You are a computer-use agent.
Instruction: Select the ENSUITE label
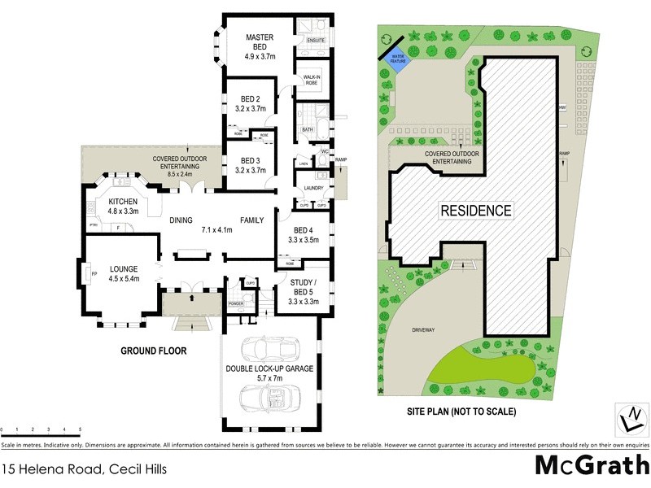pyautogui.click(x=317, y=40)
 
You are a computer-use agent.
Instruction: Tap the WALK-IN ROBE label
pyautogui.click(x=312, y=80)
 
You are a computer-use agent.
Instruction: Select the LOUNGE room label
pyautogui.click(x=119, y=268)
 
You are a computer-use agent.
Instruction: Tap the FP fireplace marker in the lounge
pyautogui.click(x=95, y=273)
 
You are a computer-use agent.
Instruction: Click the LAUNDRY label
pyautogui.click(x=313, y=189)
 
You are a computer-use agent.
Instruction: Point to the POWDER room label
pyautogui.click(x=237, y=303)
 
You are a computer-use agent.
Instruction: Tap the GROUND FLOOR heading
pyautogui.click(x=154, y=351)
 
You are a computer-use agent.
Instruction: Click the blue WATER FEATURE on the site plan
pyautogui.click(x=396, y=59)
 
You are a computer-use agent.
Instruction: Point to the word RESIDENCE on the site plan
pyautogui.click(x=477, y=210)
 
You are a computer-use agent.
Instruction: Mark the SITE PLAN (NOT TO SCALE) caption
pyautogui.click(x=461, y=412)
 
